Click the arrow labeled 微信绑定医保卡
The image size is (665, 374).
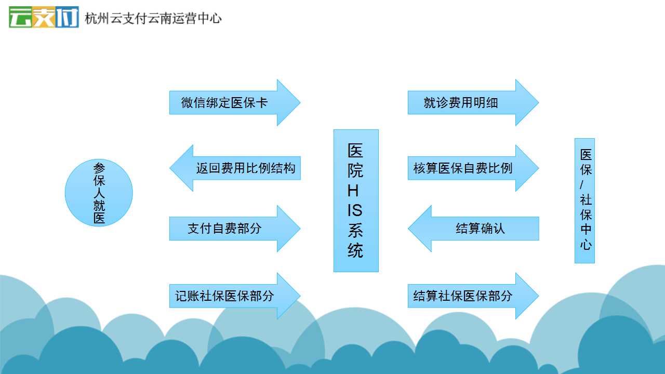click(x=235, y=103)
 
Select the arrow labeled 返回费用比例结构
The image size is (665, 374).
click(x=235, y=168)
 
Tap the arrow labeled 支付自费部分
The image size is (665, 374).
click(x=235, y=229)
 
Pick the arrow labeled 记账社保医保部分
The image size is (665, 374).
click(x=235, y=296)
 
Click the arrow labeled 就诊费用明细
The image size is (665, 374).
click(x=473, y=103)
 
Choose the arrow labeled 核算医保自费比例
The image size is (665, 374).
click(x=473, y=168)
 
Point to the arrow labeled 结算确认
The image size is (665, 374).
click(x=473, y=229)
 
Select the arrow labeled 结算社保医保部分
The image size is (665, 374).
click(x=473, y=296)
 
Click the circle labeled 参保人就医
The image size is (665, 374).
click(x=99, y=193)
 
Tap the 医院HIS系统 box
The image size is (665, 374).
click(x=356, y=201)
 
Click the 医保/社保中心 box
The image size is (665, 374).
click(x=584, y=201)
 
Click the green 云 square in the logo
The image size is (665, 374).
click(x=20, y=17)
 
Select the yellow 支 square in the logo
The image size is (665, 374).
click(x=44, y=17)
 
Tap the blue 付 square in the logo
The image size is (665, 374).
click(x=67, y=17)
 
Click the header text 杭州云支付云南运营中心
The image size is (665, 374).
click(x=153, y=18)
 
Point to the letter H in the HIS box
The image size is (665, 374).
click(x=353, y=191)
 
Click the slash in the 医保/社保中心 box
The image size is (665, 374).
click(x=581, y=184)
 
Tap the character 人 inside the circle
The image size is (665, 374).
click(x=99, y=193)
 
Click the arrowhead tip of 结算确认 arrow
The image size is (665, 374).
click(x=408, y=229)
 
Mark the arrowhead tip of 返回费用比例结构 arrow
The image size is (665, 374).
click(x=170, y=168)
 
